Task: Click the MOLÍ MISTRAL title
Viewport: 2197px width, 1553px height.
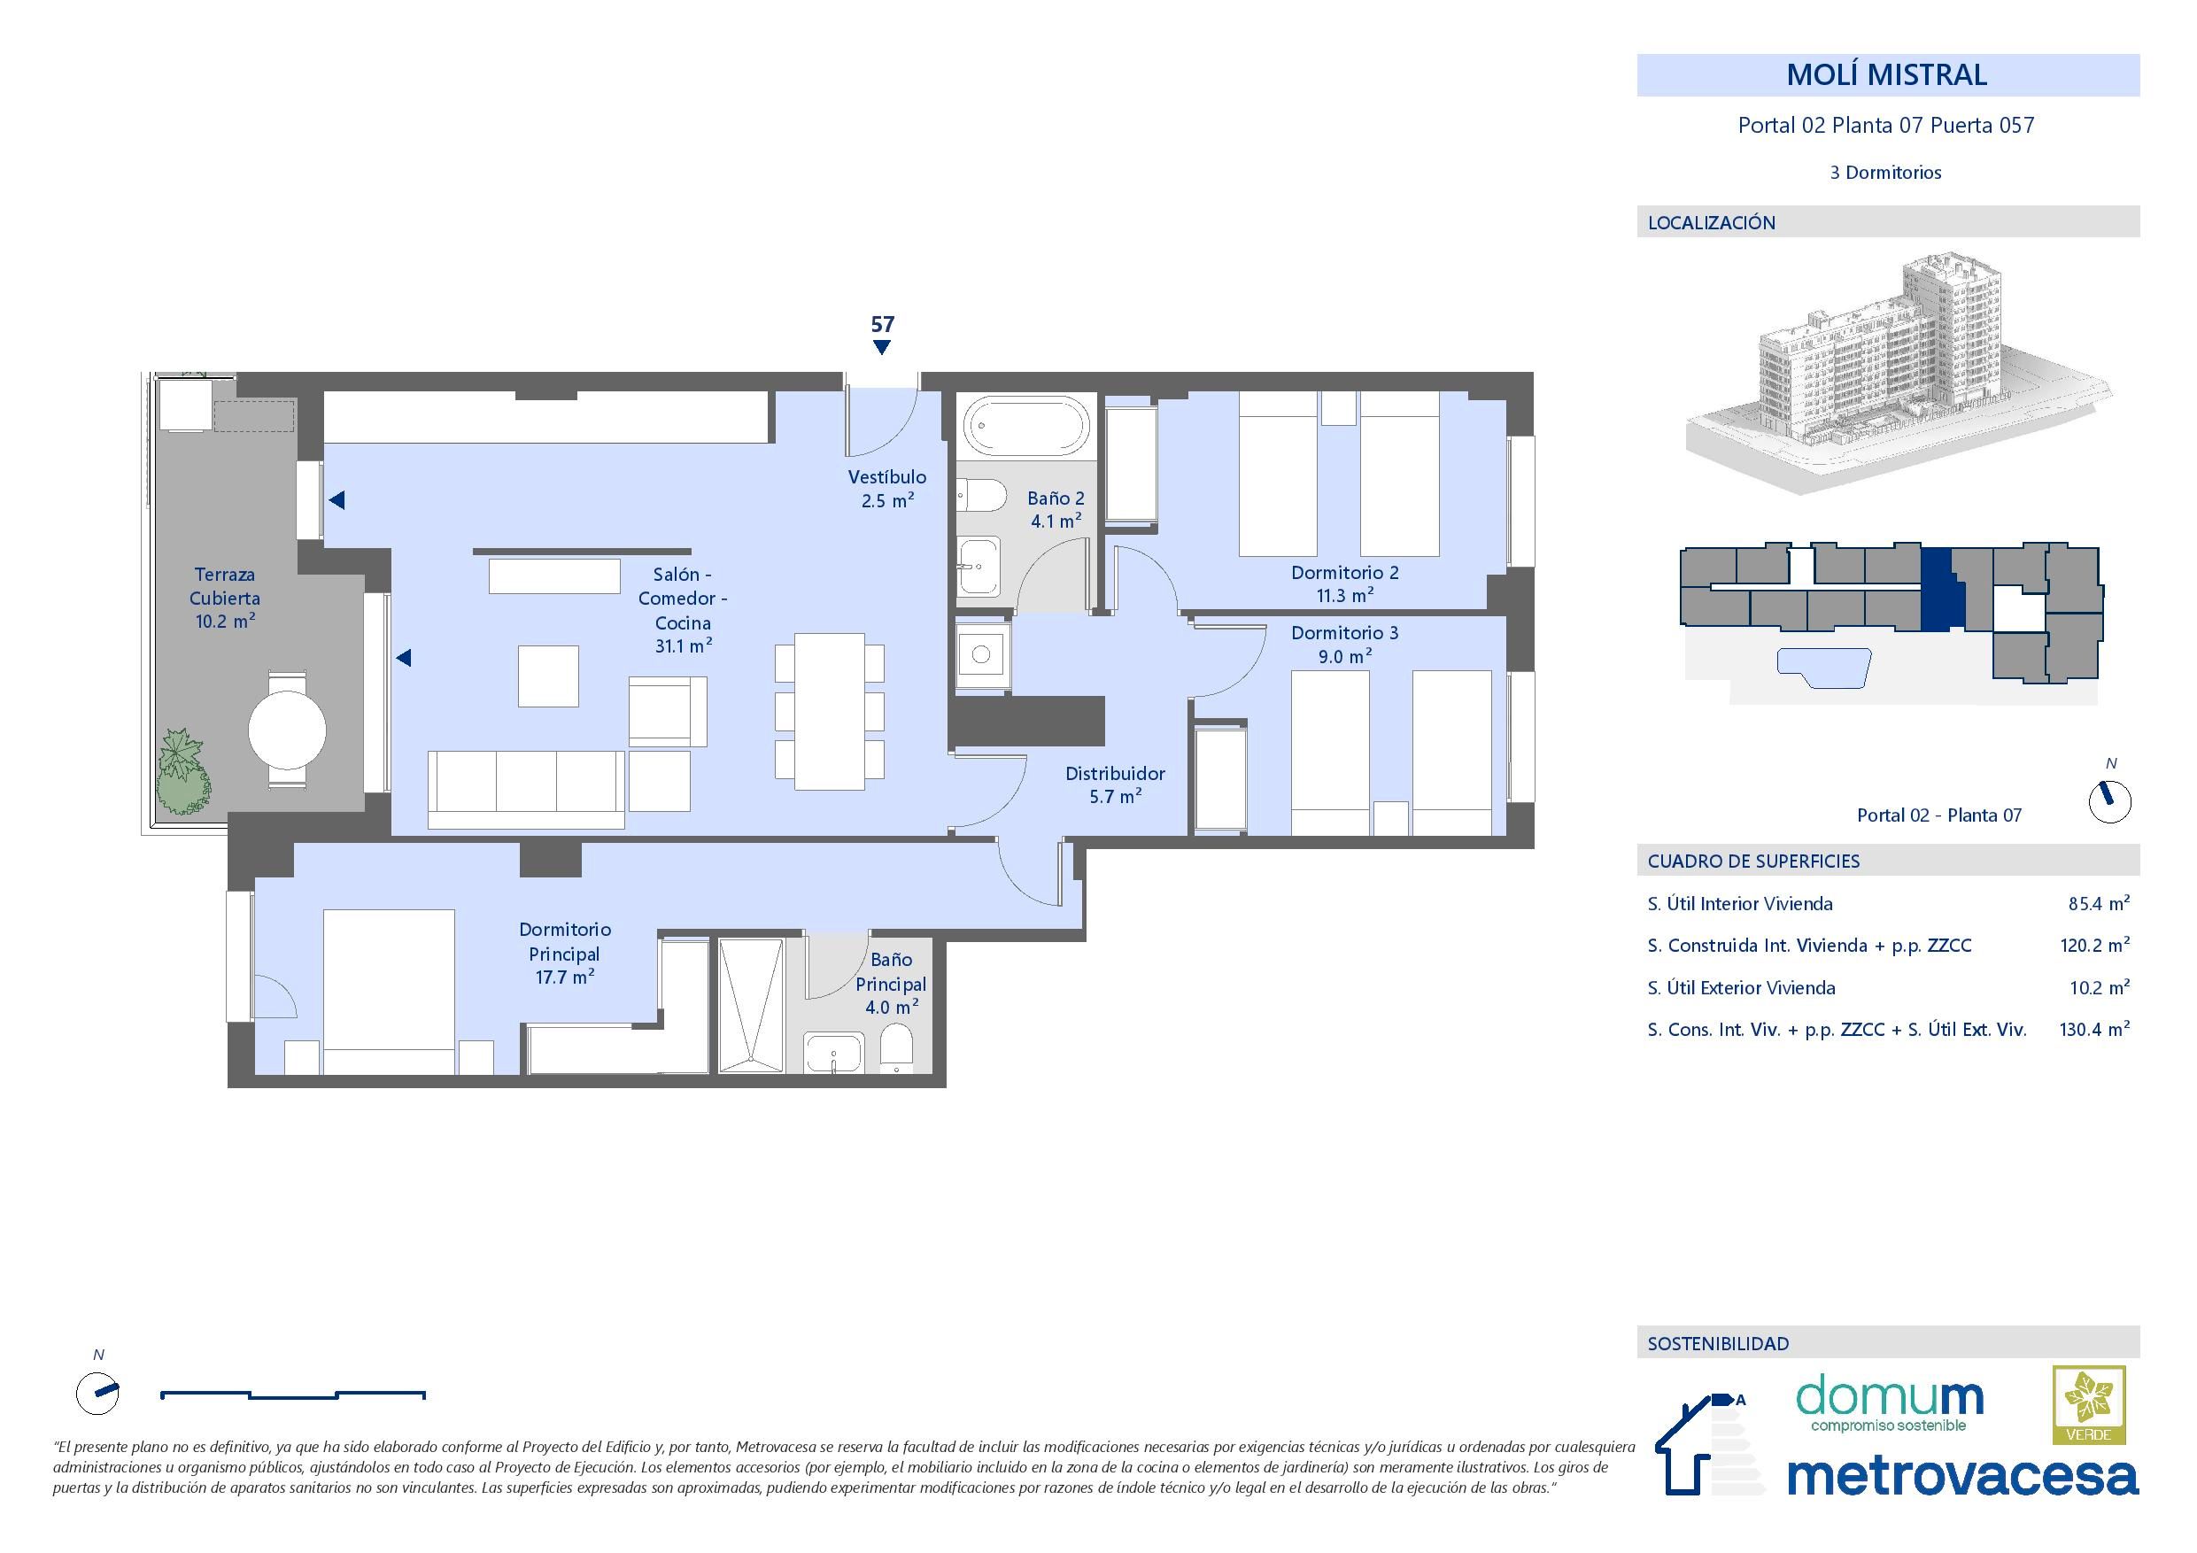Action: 1886,74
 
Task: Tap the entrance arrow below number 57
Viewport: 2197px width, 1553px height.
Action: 881,347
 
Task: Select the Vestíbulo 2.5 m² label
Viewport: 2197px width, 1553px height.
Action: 887,488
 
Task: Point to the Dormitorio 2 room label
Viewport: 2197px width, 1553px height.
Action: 1344,583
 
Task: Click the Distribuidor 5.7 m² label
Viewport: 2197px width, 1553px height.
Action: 1115,784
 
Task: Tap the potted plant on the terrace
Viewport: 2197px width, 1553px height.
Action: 182,771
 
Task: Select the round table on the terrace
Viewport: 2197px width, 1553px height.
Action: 287,731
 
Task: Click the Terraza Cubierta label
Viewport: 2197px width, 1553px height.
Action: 225,597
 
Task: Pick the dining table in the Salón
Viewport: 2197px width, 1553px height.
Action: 830,711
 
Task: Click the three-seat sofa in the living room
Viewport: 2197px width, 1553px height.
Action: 526,790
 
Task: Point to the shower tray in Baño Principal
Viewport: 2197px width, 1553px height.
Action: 751,1005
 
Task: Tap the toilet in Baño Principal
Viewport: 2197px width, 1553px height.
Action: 895,1048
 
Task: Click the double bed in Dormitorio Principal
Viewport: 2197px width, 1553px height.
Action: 389,992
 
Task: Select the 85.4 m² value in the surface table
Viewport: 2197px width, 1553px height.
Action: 2098,903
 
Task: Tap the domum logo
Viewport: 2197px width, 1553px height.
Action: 1889,1403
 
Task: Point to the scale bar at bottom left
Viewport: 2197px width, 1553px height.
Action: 293,1395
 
